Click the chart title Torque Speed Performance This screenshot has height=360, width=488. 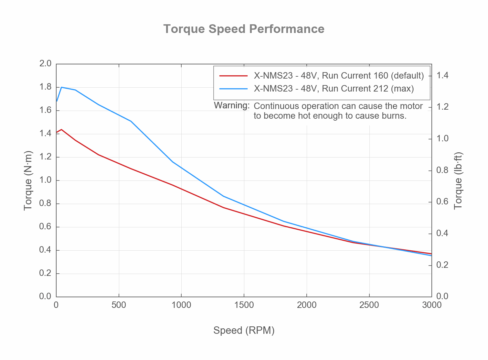coord(244,29)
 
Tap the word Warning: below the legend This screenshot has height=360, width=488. coord(232,105)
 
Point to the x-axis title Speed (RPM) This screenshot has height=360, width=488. coord(244,331)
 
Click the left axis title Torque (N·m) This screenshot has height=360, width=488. coord(28,180)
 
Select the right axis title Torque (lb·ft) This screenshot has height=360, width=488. coord(458,180)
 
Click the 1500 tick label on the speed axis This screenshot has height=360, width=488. coord(244,305)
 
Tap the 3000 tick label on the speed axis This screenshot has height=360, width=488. coord(431,305)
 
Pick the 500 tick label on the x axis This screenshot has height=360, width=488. coord(119,305)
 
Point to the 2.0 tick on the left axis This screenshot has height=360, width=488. coord(45,63)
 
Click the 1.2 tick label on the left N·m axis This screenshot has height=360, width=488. coord(45,157)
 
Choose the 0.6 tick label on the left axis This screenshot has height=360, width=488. coord(45,226)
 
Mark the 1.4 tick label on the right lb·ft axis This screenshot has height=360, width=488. coord(442,76)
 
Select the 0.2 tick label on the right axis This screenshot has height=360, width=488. coord(442,265)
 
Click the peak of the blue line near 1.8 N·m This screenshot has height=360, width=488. coord(61,87)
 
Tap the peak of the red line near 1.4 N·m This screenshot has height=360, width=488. coord(61,129)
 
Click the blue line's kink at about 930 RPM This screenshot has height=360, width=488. coord(173,162)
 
